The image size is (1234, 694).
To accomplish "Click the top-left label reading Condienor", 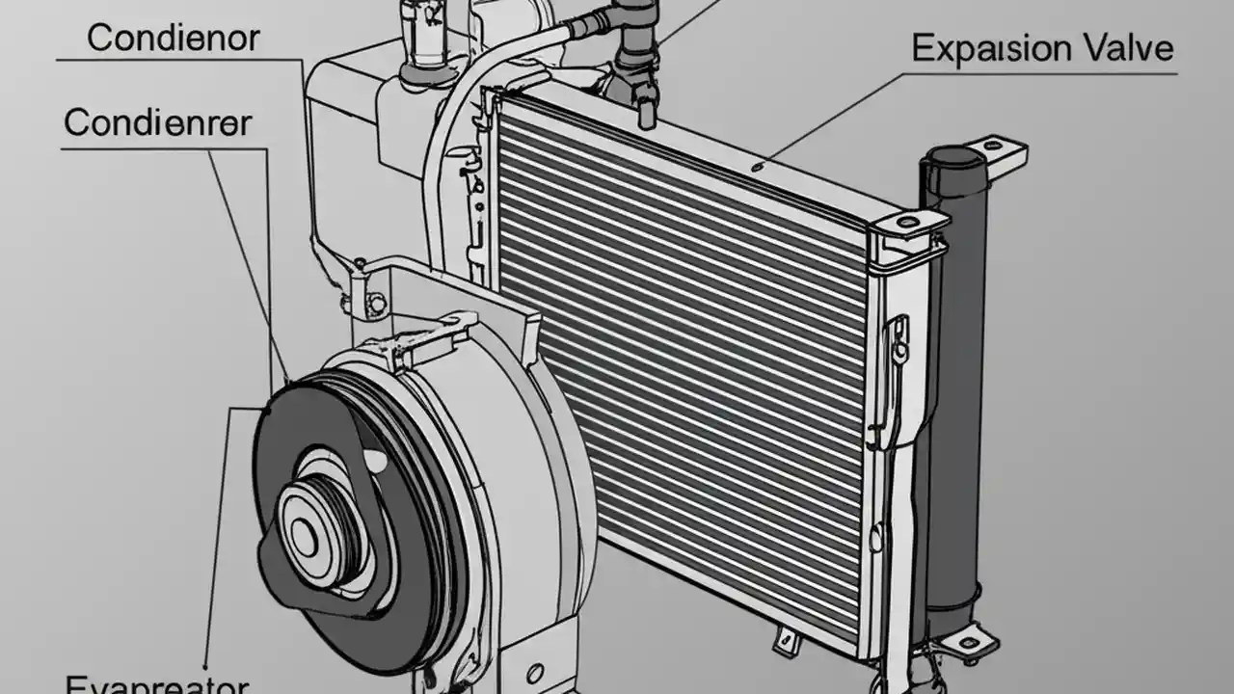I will click(x=174, y=39).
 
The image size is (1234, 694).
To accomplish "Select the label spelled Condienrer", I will click(x=158, y=123).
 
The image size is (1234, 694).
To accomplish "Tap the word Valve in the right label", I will click(x=1121, y=48).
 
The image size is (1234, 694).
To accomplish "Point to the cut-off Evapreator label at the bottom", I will click(x=157, y=684).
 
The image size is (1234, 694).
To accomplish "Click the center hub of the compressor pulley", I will click(x=305, y=536).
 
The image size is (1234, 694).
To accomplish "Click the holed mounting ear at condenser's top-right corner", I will click(x=909, y=224).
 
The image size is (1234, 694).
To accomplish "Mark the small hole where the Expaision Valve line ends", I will click(x=759, y=166).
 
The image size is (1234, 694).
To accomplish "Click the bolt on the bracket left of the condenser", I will click(x=376, y=305).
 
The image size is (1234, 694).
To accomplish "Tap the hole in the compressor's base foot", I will click(x=535, y=672).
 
